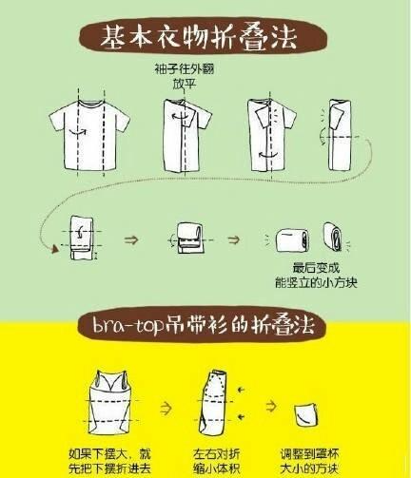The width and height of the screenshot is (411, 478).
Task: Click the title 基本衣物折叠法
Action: coord(199,37)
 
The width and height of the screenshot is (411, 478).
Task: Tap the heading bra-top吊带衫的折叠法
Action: coord(204,325)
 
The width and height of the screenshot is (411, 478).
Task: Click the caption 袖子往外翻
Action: coord(185,68)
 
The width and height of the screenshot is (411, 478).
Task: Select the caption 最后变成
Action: coord(316,268)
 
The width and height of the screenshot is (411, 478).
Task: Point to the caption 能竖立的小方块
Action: coord(316,282)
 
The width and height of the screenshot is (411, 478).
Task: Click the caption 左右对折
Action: coord(217,454)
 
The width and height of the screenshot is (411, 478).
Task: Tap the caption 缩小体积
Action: coord(217,468)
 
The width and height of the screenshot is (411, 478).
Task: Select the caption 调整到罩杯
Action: coord(309,454)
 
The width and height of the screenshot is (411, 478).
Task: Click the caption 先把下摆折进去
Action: coord(109,468)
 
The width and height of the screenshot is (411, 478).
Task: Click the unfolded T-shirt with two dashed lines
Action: coord(89,135)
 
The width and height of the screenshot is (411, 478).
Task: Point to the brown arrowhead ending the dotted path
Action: coord(54,249)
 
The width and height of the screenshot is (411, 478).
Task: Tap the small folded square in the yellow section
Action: coord(306,415)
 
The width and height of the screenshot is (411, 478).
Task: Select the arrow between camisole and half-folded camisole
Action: coord(166,409)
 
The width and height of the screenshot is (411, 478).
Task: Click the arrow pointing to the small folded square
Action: coord(271,406)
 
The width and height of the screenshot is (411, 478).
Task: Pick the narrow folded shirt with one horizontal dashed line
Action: coord(340,135)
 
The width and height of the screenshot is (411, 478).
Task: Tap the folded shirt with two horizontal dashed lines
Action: coord(82,238)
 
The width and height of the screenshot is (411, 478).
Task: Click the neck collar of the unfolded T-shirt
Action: coord(91,104)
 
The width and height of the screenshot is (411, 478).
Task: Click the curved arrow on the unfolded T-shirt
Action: coord(78,132)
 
